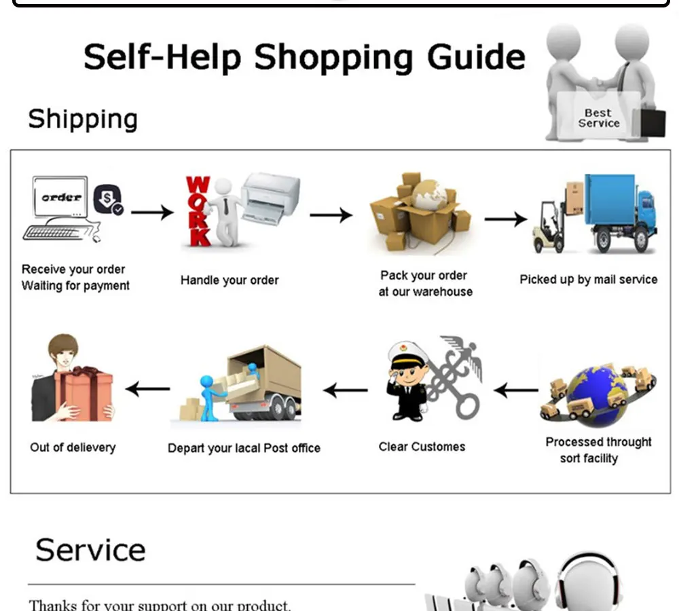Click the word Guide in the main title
click(x=476, y=56)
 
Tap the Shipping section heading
click(x=83, y=119)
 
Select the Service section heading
click(x=90, y=550)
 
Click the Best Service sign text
click(x=598, y=117)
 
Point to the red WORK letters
click(x=198, y=211)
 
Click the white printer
click(x=270, y=198)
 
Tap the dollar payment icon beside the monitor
click(x=108, y=199)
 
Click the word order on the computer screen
click(x=62, y=198)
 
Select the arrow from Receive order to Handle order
click(x=152, y=212)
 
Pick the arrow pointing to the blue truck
click(x=505, y=219)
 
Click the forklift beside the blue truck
click(x=549, y=226)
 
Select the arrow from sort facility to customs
click(x=516, y=390)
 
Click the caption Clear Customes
click(x=422, y=447)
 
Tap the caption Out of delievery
click(x=73, y=447)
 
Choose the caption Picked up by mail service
click(x=589, y=280)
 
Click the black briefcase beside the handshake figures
click(x=652, y=124)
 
